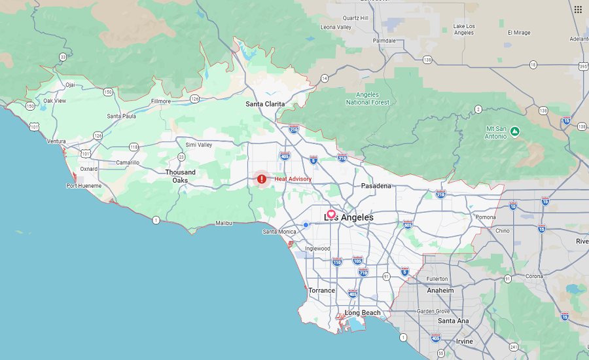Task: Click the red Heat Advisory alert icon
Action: point(262,179)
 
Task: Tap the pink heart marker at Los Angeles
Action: point(331,214)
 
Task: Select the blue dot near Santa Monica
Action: point(306,225)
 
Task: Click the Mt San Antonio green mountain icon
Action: point(515,132)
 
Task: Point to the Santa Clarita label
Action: point(265,104)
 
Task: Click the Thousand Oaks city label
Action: point(180,176)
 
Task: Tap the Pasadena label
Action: point(376,186)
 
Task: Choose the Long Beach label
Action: point(363,313)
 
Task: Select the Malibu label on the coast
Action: point(224,223)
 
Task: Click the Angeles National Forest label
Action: point(367,98)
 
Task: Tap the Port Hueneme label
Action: point(84,186)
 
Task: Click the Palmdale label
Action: point(384,41)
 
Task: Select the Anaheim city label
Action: point(440,290)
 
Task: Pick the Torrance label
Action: point(321,291)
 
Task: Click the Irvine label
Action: point(464,342)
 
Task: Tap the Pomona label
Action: point(485,217)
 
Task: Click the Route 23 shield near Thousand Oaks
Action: point(181,156)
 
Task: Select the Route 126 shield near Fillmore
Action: point(194,99)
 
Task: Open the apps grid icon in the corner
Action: point(578,9)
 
